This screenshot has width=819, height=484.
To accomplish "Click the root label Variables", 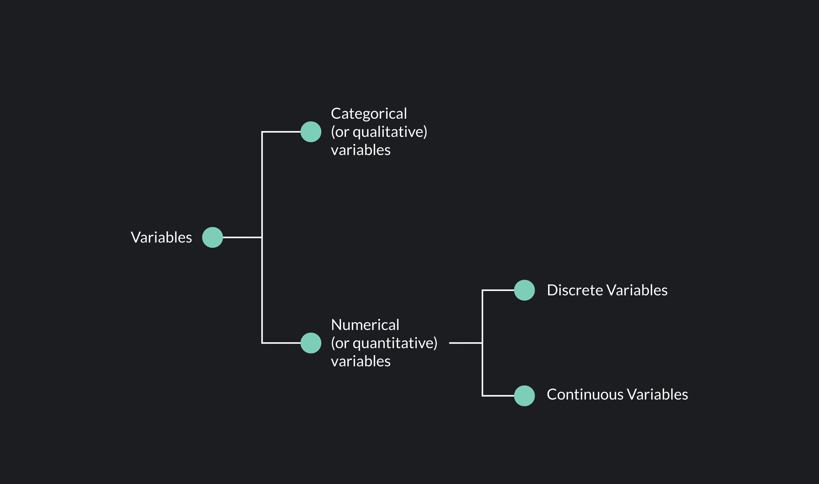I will pos(161,238).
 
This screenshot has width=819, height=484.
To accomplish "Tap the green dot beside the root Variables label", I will pos(212,238).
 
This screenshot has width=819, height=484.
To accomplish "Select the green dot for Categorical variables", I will pos(311,132).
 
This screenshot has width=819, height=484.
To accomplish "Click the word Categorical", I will pos(369,114).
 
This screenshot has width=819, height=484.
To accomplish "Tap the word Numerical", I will pos(365,325).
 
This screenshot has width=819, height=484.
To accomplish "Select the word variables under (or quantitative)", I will pos(361,361).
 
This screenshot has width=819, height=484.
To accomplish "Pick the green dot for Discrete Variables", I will pos(524,290).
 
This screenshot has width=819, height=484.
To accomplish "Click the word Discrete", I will pos(575,290).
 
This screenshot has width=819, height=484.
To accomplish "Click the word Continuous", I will pos(585,395).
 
